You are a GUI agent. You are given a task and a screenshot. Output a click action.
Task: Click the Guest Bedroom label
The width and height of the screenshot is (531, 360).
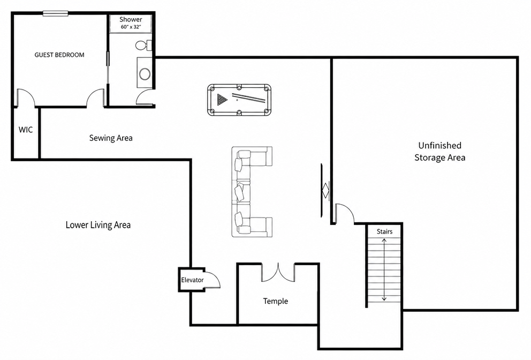pos(59,55)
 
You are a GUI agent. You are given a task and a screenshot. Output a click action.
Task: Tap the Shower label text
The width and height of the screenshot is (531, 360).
pos(131,20)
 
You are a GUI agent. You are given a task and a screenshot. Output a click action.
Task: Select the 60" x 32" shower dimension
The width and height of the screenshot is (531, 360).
pos(131,27)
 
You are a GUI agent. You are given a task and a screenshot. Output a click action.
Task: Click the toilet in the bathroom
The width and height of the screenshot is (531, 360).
pos(144,46)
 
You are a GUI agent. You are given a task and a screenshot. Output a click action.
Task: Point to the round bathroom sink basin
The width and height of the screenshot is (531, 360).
pos(145,74)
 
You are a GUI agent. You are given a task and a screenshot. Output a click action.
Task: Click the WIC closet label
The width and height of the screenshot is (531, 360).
pos(26,130)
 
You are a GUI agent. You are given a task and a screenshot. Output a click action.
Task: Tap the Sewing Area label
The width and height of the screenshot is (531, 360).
pos(111,138)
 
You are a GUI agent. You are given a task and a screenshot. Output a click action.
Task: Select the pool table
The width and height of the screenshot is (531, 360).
pos(239,100)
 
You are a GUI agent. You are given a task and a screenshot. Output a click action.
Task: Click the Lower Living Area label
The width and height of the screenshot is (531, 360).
pos(98,225)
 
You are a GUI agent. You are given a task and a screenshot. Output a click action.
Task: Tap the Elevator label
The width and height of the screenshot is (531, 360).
pos(192,280)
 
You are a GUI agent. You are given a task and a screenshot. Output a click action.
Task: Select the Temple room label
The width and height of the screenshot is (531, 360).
pos(276,301)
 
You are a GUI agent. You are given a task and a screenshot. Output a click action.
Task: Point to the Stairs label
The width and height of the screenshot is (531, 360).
pos(385,231)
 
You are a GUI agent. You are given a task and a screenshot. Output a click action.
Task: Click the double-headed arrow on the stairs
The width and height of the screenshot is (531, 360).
pos(384,269)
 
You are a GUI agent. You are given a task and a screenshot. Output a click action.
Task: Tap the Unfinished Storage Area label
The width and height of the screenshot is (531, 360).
pos(440,151)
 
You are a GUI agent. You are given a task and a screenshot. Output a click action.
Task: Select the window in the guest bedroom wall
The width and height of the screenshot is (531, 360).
pos(56,13)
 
